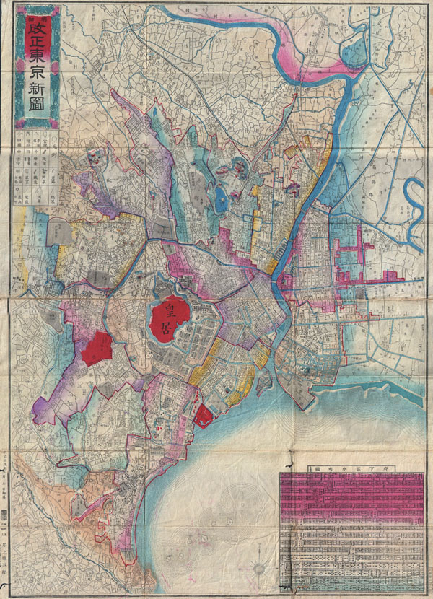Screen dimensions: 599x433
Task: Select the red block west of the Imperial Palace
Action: pyautogui.click(x=95, y=350)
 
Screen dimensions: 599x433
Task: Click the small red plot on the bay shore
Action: pyautogui.click(x=204, y=415)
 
